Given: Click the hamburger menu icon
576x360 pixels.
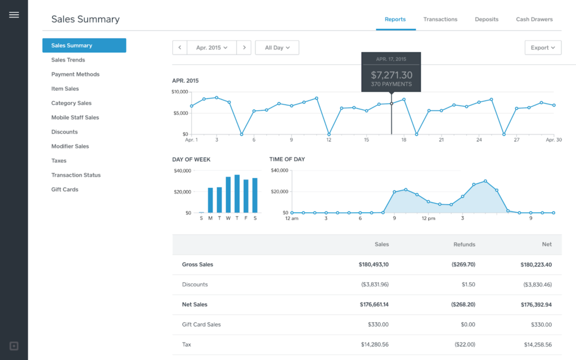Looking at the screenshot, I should tap(14, 15).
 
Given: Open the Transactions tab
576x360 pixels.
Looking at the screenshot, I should tap(440, 19).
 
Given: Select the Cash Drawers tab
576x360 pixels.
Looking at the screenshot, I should tap(534, 19).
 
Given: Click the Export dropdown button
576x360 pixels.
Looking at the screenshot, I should tap(543, 48).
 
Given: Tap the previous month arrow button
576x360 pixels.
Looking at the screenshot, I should tap(179, 48).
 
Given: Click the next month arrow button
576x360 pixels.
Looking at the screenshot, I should tap(244, 48).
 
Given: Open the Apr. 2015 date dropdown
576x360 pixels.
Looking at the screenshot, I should tap(211, 48).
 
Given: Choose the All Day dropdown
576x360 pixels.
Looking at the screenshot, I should tap(277, 48).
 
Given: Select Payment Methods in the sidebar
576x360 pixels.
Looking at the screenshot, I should tap(75, 74).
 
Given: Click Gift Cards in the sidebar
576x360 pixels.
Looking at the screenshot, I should tap(65, 190).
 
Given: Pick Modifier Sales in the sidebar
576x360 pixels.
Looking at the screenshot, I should tap(70, 146).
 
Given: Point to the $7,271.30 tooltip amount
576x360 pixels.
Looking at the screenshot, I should tap(391, 75).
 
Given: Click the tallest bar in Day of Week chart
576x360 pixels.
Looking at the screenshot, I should tap(237, 194).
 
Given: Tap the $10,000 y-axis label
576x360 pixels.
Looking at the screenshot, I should tap(180, 91).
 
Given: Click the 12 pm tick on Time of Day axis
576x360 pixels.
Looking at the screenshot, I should tap(429, 218).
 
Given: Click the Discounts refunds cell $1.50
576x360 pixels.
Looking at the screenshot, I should tap(468, 285).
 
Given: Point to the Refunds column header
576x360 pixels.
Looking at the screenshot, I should tap(464, 245).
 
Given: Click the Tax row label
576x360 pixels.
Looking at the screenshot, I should tap(187, 345).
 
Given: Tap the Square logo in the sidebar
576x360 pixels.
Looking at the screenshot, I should tap(14, 345).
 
